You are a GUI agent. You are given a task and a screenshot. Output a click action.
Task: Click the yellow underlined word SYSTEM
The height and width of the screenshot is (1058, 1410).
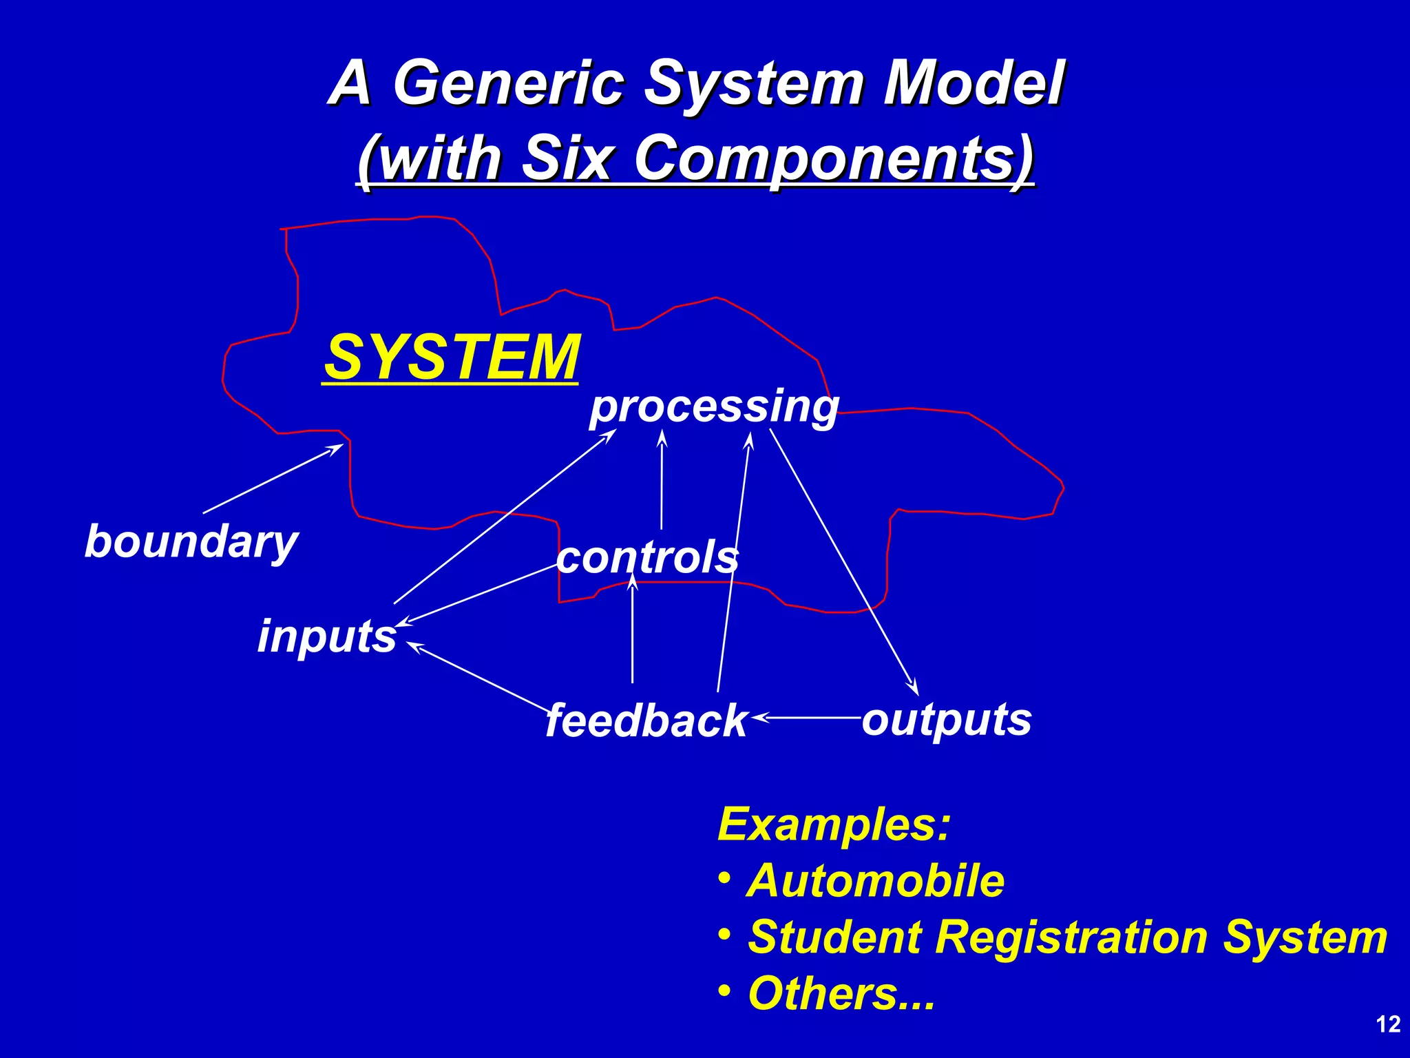[452, 357]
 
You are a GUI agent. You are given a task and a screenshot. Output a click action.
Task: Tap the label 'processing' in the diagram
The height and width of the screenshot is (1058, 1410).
[713, 406]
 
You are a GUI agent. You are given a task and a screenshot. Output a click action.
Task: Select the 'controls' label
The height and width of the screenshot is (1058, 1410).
[647, 557]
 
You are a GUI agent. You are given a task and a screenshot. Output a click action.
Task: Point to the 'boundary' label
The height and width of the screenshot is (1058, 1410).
[191, 541]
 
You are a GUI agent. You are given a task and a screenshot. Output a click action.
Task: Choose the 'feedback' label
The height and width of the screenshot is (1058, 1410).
[646, 720]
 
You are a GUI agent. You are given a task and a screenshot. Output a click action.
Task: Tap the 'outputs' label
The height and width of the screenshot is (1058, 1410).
[947, 719]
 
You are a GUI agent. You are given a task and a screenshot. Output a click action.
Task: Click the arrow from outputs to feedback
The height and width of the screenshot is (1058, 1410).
[806, 718]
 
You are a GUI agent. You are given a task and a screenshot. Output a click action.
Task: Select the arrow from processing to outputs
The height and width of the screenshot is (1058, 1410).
[843, 561]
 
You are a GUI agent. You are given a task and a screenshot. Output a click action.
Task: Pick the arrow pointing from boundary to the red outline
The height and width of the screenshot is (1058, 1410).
[273, 479]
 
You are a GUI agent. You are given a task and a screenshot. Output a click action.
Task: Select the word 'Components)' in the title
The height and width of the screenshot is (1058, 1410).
[834, 158]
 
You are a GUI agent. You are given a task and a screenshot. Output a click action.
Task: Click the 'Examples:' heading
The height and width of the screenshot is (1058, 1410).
[833, 824]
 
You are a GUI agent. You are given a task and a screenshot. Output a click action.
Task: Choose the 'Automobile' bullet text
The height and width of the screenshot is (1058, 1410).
[876, 880]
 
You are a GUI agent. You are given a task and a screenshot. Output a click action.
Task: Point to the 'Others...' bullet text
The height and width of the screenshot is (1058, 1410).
[841, 993]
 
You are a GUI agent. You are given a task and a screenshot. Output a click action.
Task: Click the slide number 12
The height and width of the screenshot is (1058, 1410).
[1388, 1025]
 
